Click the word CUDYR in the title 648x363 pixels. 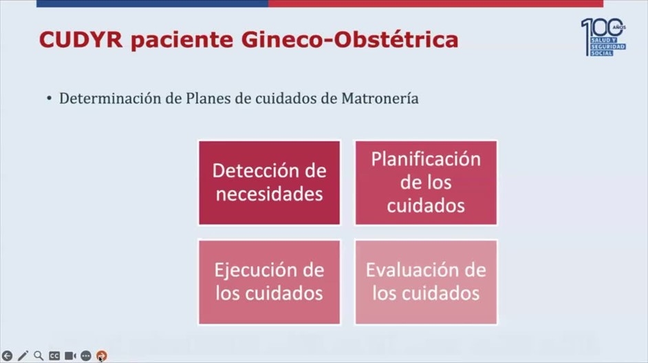point(81,40)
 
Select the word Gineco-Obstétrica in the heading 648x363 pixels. point(349,40)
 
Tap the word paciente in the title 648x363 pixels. point(182,41)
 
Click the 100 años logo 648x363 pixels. point(603,37)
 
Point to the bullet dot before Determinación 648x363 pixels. point(49,99)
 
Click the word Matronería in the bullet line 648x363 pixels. point(380,98)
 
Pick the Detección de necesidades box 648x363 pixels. point(270,183)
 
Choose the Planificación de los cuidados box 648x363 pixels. point(426,183)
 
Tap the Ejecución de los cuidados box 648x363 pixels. point(270,282)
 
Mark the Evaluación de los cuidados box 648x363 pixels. point(426,282)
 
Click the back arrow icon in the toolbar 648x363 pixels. point(7,355)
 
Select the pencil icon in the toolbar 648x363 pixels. point(23,355)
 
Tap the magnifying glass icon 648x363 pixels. point(39,355)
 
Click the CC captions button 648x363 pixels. point(54,355)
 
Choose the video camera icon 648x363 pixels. point(70,355)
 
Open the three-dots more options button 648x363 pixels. point(85,355)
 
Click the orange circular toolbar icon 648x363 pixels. point(101,355)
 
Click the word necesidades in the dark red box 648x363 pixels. point(270,194)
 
